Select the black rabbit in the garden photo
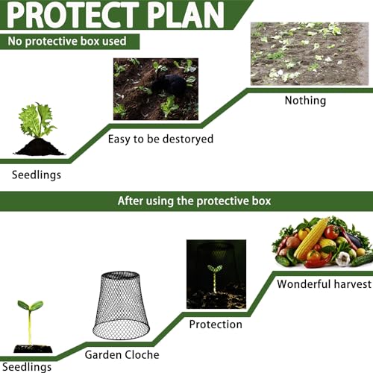click(x=169, y=85)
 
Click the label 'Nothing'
click(x=305, y=101)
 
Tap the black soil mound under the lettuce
click(x=40, y=147)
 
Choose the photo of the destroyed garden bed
click(x=310, y=54)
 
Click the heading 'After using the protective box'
click(x=194, y=201)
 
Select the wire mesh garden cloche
click(x=121, y=305)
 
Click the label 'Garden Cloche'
click(x=122, y=354)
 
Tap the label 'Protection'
click(x=216, y=325)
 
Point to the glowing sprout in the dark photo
click(x=215, y=279)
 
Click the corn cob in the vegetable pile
click(x=312, y=238)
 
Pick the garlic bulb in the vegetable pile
click(x=342, y=259)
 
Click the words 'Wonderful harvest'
click(x=325, y=284)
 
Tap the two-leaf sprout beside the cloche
click(x=30, y=322)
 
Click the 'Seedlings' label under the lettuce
click(x=37, y=175)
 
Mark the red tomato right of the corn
click(x=332, y=232)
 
